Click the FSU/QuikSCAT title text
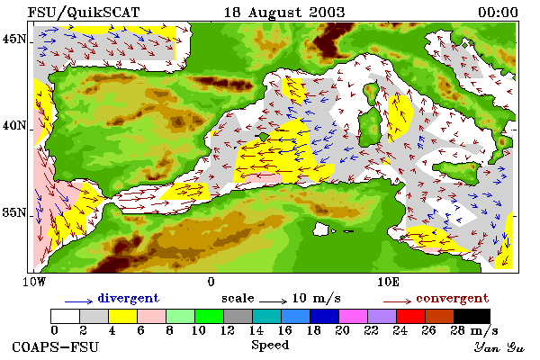coord(84,13)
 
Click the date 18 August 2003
coord(284,13)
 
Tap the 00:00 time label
coord(498,13)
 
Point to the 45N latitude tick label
coord(14,40)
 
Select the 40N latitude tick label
coord(14,125)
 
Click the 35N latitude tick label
coord(14,212)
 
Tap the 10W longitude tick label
coord(34,282)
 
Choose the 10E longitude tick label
coord(388,282)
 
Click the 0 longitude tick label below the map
coord(211,282)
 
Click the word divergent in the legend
coord(128,298)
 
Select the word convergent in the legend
coord(452,298)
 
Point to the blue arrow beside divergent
coord(78,301)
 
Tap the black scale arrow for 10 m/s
coord(273,301)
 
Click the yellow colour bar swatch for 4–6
coord(123,316)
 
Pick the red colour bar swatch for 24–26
coord(410,316)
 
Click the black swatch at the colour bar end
coord(472,316)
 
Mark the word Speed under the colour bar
coord(270,346)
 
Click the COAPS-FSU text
coord(56,346)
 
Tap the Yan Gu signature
coord(499,347)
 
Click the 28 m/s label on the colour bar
coord(474,330)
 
